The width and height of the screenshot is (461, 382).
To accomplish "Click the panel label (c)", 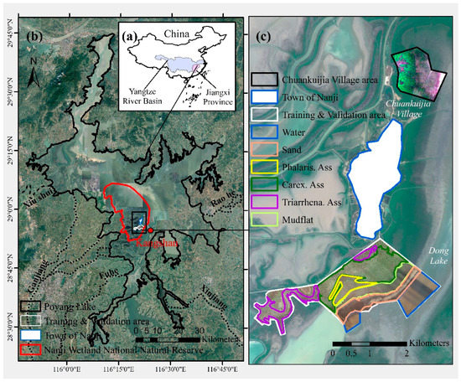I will [262, 37].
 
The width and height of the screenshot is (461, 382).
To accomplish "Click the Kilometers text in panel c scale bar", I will [422, 344].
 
